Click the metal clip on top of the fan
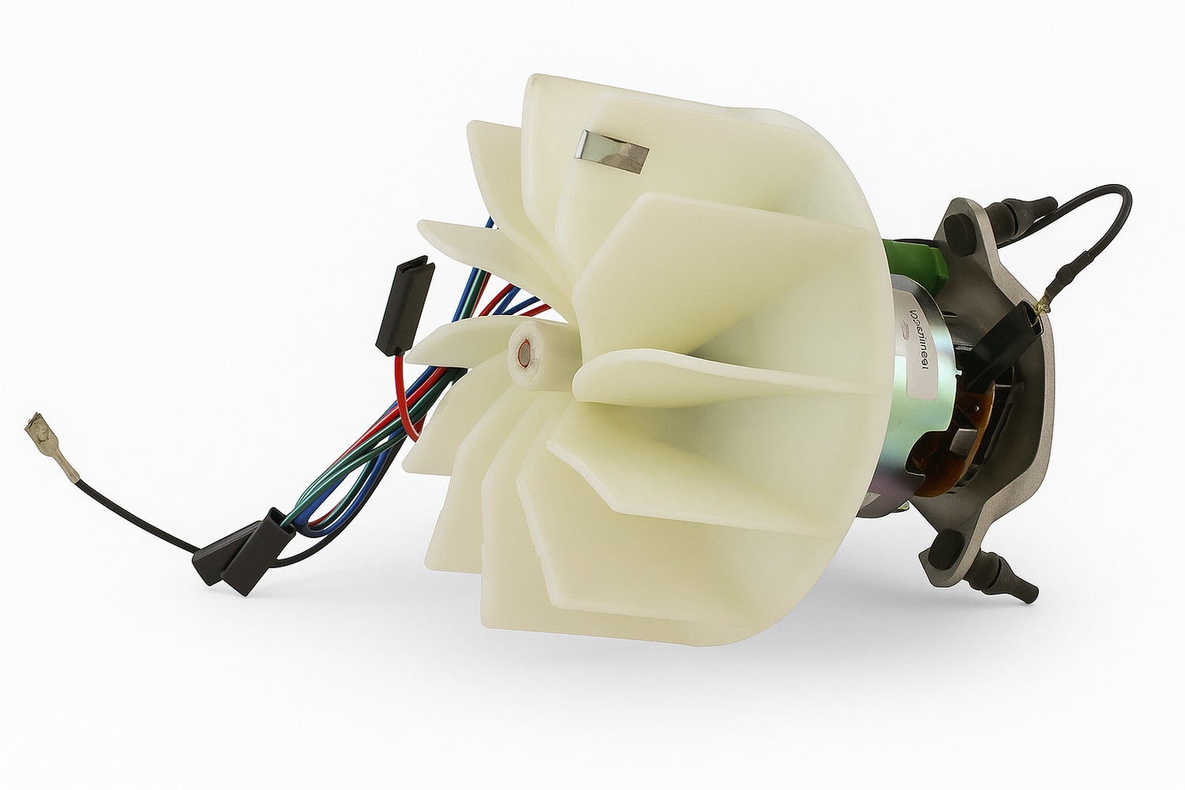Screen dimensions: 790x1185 pyautogui.click(x=611, y=151)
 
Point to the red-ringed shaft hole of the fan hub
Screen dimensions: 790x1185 pyautogui.click(x=523, y=350)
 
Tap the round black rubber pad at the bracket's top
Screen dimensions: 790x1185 pyautogui.click(x=957, y=229)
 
